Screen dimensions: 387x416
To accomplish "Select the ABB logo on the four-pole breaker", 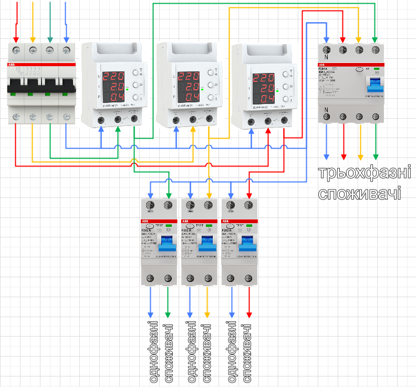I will (x=12, y=64).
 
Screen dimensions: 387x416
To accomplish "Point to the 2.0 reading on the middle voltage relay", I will (x=187, y=87).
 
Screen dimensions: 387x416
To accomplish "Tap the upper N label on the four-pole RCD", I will (x=327, y=57).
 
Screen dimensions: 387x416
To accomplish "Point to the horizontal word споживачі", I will (x=360, y=193).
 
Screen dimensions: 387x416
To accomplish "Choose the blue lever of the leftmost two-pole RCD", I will (x=168, y=244).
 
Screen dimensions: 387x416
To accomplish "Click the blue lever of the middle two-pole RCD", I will (x=208, y=244).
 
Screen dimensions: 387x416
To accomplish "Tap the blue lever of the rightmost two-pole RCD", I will (x=248, y=244).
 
